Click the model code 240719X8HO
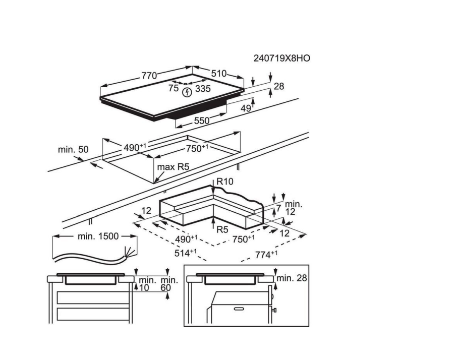(281, 58)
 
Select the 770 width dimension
(149, 76)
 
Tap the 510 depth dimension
(218, 74)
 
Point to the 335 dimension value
(203, 89)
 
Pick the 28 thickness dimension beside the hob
(278, 87)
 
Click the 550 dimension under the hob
(202, 121)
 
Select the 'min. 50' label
(73, 149)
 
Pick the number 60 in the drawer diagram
(166, 287)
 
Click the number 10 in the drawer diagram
(144, 287)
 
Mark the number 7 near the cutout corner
(278, 208)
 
